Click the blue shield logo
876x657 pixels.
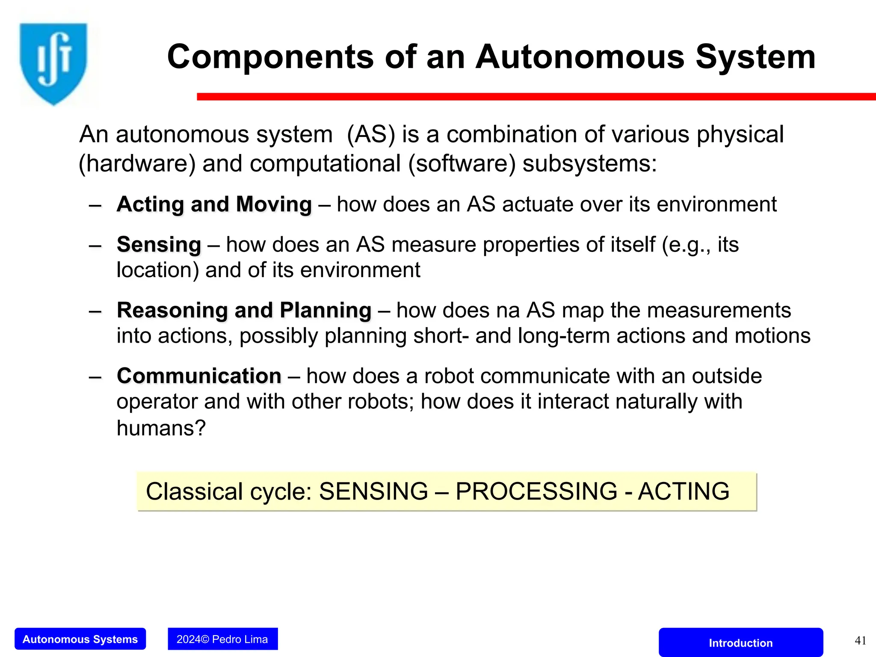pos(53,62)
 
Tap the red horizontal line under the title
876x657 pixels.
pos(535,97)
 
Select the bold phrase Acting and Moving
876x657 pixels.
pos(214,204)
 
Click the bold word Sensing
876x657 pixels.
pos(159,245)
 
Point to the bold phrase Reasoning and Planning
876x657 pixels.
pos(244,310)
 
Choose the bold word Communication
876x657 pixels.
pos(199,376)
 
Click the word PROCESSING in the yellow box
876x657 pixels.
pos(536,491)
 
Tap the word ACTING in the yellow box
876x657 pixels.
pos(683,491)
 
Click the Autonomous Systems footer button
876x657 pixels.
pos(80,639)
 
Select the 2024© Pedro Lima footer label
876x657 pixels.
pos(222,639)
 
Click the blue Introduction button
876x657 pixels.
pos(740,642)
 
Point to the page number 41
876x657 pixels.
pos(860,640)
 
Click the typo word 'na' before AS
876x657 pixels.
pos(508,310)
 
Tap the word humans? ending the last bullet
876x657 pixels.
pos(161,428)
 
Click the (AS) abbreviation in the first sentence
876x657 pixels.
pos(371,134)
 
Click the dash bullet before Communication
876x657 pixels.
pos(95,377)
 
